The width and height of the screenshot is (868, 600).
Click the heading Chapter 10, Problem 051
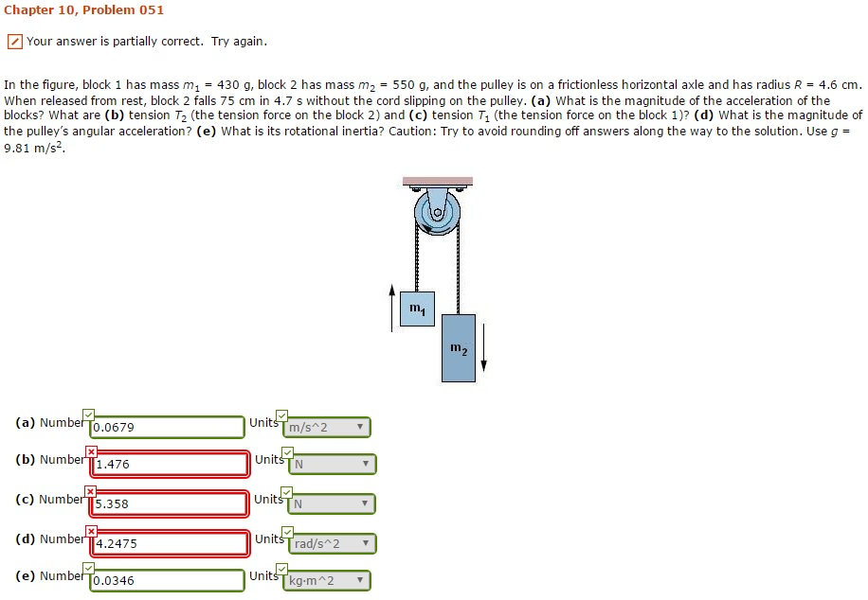83,10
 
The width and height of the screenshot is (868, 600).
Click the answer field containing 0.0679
168,428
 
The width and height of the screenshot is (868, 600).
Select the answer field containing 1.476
170,465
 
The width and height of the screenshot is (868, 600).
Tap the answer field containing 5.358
170,504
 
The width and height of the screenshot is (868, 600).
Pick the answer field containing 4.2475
170,544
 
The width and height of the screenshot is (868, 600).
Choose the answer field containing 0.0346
168,581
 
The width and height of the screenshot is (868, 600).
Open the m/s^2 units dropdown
327,428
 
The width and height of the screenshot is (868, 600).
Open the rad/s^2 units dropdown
332,544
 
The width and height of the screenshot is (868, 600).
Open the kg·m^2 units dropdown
327,581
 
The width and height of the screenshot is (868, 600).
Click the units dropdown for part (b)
332,465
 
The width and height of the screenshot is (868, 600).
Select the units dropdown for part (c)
332,504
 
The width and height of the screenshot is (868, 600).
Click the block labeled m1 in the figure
417,309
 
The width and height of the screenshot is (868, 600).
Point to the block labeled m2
459,348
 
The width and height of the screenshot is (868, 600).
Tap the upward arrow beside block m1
392,308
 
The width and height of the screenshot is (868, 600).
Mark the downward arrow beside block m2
483,347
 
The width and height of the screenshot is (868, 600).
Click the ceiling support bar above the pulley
437,181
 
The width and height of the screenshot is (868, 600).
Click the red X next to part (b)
92,451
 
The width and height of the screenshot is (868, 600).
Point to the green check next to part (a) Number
89,415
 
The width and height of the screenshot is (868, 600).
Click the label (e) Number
50,575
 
